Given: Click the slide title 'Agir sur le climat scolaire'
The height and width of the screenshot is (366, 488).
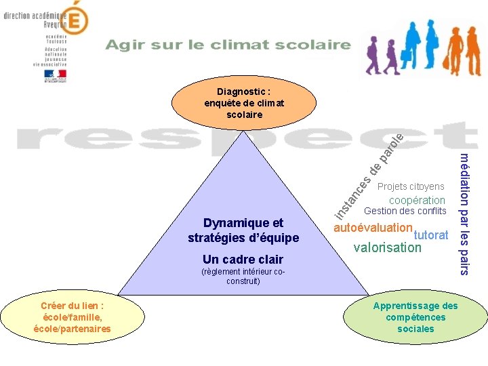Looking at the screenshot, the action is (x=228, y=45).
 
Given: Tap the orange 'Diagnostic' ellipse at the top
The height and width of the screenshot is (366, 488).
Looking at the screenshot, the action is (x=244, y=102).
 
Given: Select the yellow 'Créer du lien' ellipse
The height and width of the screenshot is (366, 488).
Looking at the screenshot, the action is (x=72, y=317).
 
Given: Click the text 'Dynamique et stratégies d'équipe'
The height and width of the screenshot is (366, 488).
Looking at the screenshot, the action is (x=243, y=230).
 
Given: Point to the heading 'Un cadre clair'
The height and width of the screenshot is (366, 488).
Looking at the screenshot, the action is (x=243, y=259).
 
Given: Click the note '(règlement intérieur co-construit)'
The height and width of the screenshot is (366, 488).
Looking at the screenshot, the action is (x=243, y=277).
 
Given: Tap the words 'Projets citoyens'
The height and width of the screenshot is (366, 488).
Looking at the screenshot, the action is (x=411, y=186).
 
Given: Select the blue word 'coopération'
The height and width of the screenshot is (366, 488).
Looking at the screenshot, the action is (x=417, y=200).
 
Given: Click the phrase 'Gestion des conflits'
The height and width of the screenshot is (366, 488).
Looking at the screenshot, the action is (x=405, y=211).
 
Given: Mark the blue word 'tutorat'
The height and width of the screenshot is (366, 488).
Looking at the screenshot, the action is (x=431, y=235).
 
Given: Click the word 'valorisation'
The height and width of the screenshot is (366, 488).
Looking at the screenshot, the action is (x=387, y=247).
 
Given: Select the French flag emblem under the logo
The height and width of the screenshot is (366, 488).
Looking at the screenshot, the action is (x=55, y=75).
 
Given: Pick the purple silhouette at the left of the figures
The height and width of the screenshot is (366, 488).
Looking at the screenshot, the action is (x=373, y=55).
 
